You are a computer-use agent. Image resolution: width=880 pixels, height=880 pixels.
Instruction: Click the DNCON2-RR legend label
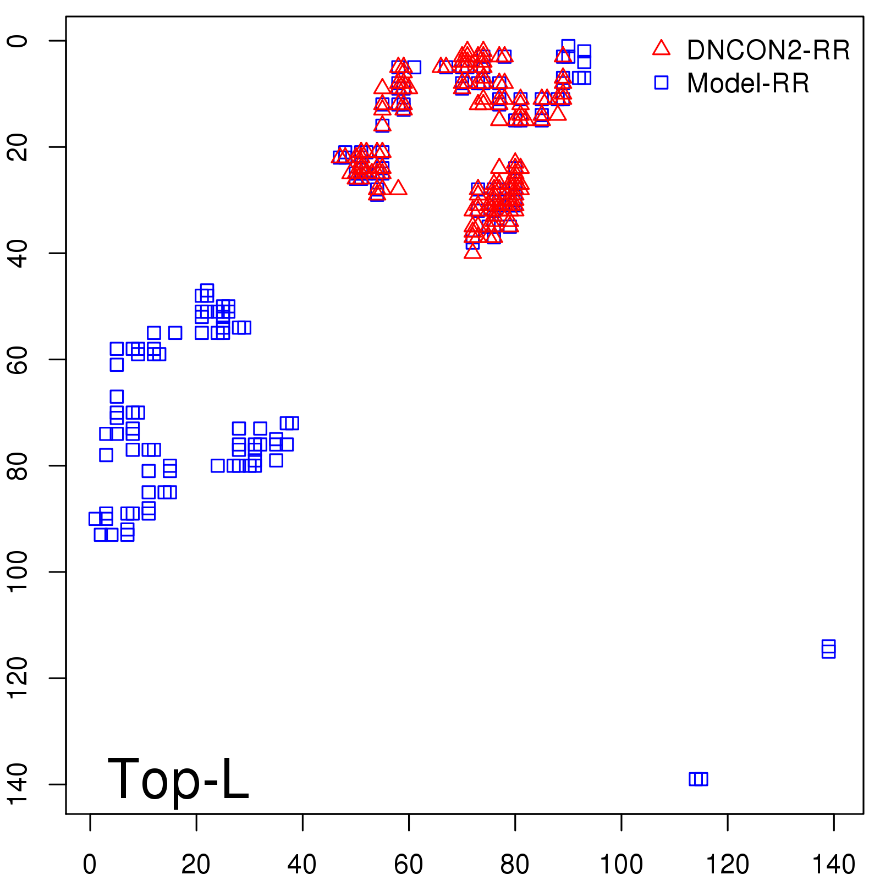(x=768, y=50)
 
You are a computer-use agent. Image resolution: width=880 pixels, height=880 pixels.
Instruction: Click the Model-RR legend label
(x=748, y=84)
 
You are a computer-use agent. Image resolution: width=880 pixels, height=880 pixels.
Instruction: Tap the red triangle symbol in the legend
(x=662, y=48)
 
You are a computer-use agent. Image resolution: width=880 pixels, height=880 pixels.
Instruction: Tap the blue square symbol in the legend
(x=662, y=82)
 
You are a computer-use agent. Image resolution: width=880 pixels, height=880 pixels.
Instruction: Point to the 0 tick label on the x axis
(x=90, y=865)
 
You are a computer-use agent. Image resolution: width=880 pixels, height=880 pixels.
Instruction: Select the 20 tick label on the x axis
(x=196, y=865)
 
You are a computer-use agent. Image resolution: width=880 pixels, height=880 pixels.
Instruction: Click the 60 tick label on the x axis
(x=409, y=865)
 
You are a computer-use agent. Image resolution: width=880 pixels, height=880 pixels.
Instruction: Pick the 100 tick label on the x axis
(x=621, y=865)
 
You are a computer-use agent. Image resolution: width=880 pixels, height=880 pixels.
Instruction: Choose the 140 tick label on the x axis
(x=834, y=865)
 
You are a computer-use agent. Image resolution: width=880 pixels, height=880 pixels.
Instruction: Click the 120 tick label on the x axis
(x=727, y=865)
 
